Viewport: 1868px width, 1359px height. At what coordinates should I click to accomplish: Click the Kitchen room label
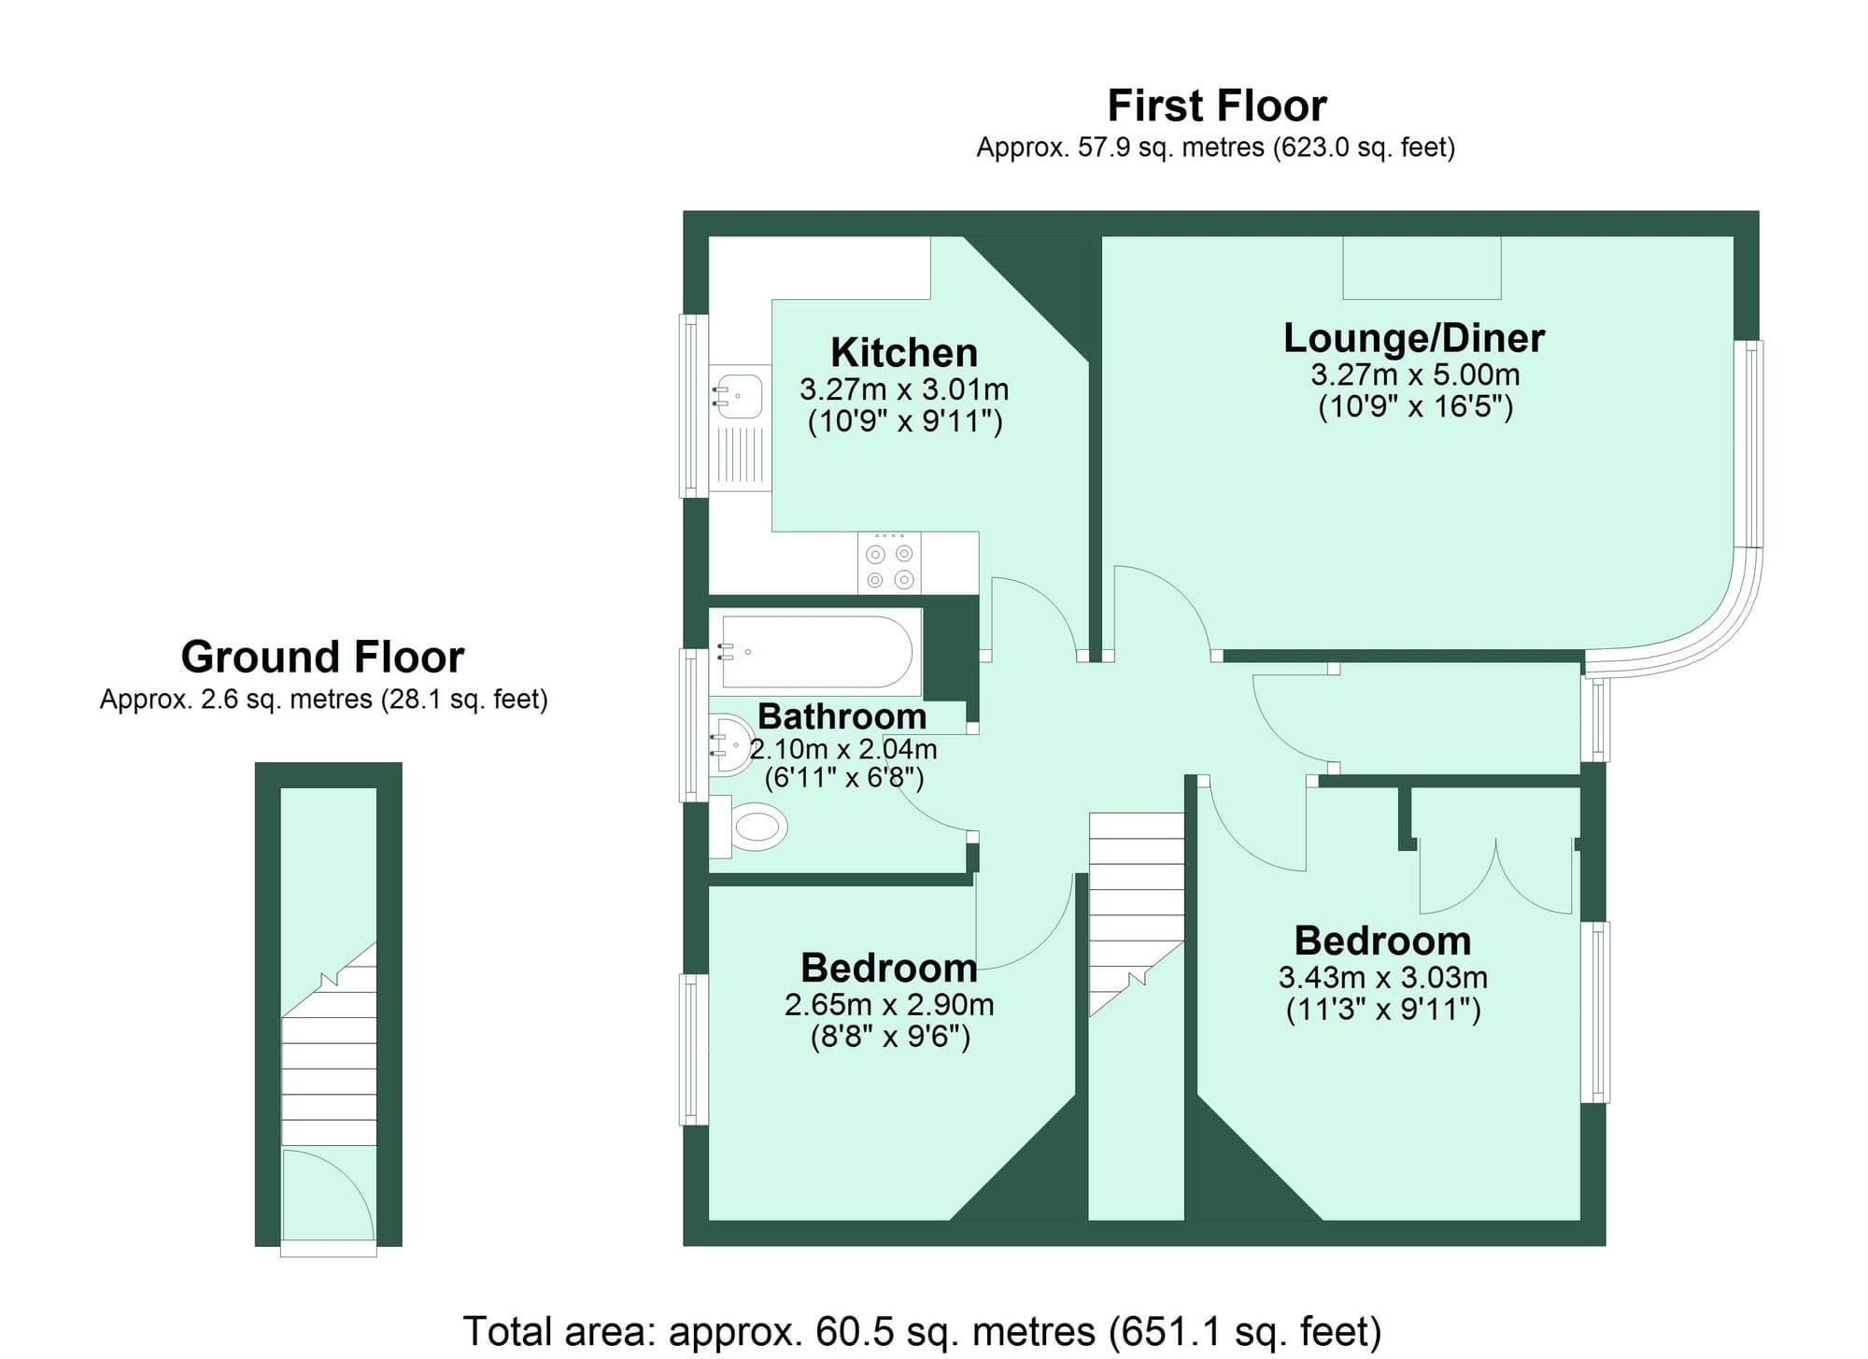click(904, 353)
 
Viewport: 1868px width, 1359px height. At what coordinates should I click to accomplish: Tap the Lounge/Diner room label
click(1413, 338)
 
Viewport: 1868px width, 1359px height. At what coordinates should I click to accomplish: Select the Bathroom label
click(842, 716)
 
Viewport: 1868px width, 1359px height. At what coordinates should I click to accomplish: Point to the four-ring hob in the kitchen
click(889, 563)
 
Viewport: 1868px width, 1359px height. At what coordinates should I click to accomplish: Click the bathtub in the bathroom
click(815, 651)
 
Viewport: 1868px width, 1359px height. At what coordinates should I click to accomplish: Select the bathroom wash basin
click(731, 745)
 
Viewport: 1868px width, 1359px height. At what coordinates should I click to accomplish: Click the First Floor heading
click(1216, 106)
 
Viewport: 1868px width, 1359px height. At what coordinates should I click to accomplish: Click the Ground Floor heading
click(322, 657)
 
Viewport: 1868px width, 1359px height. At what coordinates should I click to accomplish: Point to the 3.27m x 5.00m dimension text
click(1414, 375)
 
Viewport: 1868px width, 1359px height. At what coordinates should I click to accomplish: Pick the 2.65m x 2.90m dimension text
click(889, 1005)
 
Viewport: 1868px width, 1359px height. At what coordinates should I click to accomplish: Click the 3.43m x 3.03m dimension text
click(1382, 978)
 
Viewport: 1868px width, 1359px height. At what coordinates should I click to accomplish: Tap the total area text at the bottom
click(922, 1331)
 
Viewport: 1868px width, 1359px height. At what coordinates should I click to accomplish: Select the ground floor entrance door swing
click(327, 1196)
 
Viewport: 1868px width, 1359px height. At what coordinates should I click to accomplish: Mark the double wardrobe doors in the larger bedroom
click(1495, 878)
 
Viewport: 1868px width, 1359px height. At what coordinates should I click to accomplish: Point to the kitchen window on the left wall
click(692, 405)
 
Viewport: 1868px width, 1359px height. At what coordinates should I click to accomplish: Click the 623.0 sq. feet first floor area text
click(1364, 148)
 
